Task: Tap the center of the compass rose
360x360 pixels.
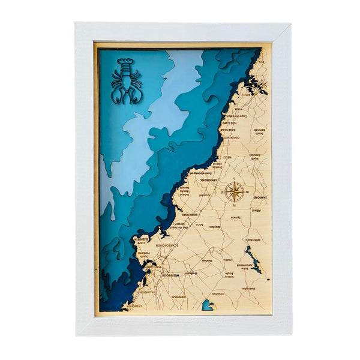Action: (235, 192)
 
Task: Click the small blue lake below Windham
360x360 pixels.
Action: (208, 305)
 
